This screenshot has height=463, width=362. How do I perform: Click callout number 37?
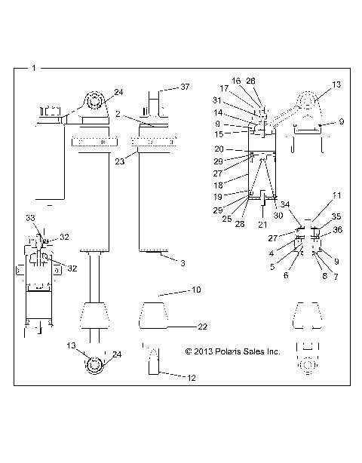tap(186, 87)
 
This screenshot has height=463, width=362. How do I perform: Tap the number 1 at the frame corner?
tap(34, 68)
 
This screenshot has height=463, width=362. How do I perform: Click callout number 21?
tap(263, 225)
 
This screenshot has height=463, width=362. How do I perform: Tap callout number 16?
tap(236, 80)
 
